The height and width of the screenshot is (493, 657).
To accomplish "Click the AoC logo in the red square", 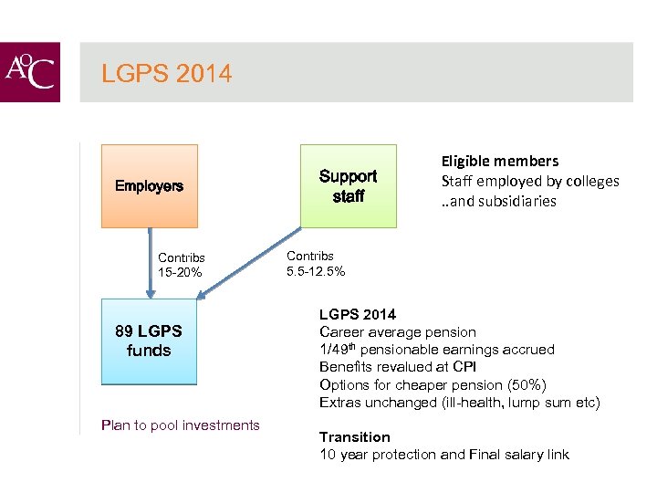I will pos(30,72).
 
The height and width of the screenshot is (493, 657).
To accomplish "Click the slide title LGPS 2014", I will pos(166,73).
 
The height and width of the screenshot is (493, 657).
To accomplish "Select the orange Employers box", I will pos(149,186).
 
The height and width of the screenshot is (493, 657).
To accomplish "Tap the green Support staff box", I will pos(348,185).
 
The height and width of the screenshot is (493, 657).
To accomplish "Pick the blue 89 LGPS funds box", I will pos(149,341).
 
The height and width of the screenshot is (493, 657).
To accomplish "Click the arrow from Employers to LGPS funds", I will pos(149,265).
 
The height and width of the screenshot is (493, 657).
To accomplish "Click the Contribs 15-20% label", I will pos(181,265).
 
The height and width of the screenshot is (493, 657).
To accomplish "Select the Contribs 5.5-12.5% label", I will pos(316,264).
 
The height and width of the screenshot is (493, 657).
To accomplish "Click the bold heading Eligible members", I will pos(499,161).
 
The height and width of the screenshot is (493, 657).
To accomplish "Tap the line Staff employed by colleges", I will pos(529,181).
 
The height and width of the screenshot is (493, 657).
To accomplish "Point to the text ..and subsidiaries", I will pos(498,201).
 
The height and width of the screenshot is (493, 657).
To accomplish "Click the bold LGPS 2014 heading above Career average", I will pos(357,315).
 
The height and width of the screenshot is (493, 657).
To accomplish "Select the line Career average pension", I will pos(397,332).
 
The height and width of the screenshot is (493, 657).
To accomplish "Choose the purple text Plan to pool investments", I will pos(181,425).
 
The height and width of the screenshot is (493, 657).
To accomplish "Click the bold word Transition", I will pos(354,437).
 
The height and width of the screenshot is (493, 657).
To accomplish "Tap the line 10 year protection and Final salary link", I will pos(443,455).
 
